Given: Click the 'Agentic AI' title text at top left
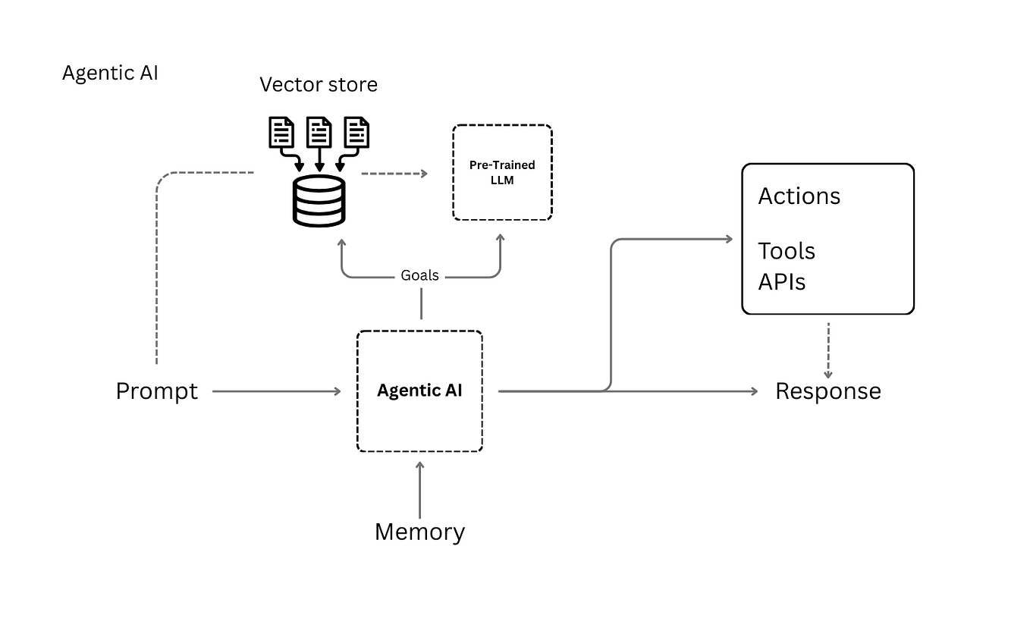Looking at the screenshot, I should pos(110,74).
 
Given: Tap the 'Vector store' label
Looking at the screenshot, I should pos(319,84).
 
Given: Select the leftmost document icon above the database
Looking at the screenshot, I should pos(281,133).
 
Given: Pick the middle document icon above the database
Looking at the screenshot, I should pos(319,133).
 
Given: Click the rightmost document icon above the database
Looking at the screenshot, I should pos(356,133).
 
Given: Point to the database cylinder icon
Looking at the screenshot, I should pos(319,200).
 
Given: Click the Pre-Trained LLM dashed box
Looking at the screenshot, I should pos(502,173).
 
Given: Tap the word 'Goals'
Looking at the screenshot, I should pos(419,276).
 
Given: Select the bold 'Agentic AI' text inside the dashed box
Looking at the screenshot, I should pos(419,391).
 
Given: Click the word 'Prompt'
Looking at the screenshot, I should pos(157,391).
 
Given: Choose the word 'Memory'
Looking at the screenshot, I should pos(419,532).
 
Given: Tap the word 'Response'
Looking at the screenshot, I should pos(827,391).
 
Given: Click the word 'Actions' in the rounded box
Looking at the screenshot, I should pos(799,196).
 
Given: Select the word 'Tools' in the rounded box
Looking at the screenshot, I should pos(787,251).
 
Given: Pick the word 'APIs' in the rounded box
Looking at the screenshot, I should pos(781,282).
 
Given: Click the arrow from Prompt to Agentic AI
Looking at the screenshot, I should pos(277,391).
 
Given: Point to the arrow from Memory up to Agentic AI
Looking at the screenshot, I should pos(419,489).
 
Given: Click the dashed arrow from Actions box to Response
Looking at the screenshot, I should pos(827,350).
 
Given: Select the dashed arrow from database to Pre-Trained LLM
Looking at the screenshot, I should pos(394,174).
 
